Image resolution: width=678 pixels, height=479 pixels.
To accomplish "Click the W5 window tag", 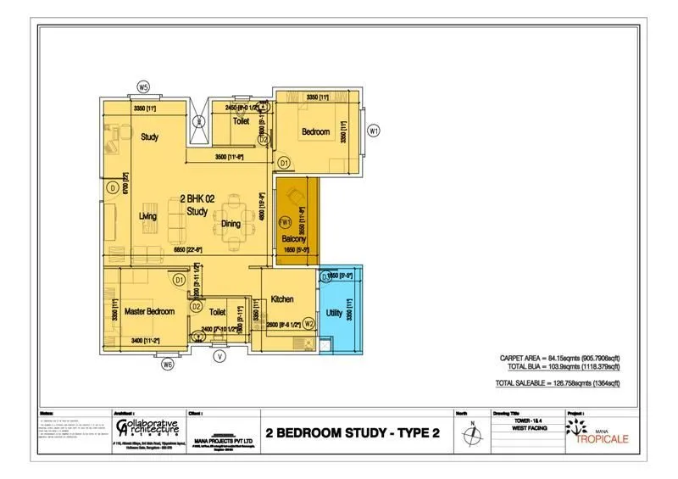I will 144,87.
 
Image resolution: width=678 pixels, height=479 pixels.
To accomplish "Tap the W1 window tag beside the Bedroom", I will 373,131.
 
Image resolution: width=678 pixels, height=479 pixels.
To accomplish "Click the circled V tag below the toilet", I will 220,356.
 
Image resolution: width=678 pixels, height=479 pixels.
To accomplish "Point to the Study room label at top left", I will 150,136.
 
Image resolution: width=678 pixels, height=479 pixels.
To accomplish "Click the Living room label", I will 147,216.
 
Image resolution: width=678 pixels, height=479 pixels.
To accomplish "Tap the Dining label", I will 231,225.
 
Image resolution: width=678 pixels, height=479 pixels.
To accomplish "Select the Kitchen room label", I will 281,299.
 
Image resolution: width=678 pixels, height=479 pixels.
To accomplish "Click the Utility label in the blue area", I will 334,313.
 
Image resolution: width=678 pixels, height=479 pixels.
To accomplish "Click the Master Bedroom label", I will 148,311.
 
